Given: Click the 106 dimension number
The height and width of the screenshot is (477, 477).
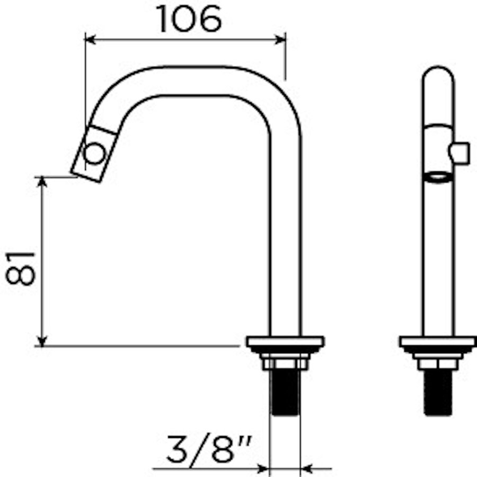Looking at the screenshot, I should [x=189, y=20].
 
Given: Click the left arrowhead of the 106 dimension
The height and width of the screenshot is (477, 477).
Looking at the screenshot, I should [x=91, y=39].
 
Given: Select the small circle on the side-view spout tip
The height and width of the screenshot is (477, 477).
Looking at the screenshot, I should [x=95, y=154].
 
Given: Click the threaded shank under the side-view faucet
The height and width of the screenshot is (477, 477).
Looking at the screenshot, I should [x=285, y=392].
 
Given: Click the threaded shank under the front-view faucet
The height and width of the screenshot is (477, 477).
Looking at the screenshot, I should [x=438, y=392].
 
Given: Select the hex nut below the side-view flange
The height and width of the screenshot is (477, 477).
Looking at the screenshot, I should [x=285, y=364].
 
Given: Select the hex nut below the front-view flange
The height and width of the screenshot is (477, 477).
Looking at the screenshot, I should [x=438, y=364].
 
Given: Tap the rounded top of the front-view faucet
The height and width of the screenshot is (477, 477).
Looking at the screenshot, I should [x=438, y=74].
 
